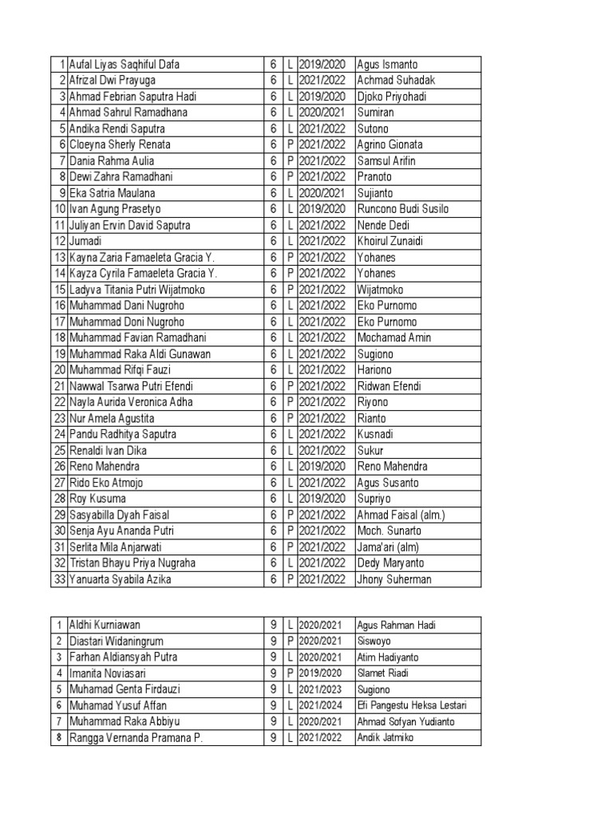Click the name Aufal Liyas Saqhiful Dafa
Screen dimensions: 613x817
point(130,65)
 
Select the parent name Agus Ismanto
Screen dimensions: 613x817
point(387,65)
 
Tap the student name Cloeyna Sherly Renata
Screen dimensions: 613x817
point(120,145)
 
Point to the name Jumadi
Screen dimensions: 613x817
point(85,241)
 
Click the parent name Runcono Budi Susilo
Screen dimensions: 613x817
point(403,209)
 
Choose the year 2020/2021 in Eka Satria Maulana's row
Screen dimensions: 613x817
point(322,193)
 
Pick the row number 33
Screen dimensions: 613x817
point(59,579)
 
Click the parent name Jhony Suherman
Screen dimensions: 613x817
point(394,579)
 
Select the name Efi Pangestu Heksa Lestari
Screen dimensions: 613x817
point(412,705)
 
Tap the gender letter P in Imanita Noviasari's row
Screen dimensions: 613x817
point(291,673)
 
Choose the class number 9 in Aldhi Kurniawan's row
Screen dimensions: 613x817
point(273,625)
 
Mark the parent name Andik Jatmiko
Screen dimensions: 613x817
point(386,738)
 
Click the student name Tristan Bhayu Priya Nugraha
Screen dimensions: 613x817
point(132,563)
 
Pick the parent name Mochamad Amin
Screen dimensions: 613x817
point(394,337)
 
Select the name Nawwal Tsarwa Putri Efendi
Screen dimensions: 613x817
point(131,386)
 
